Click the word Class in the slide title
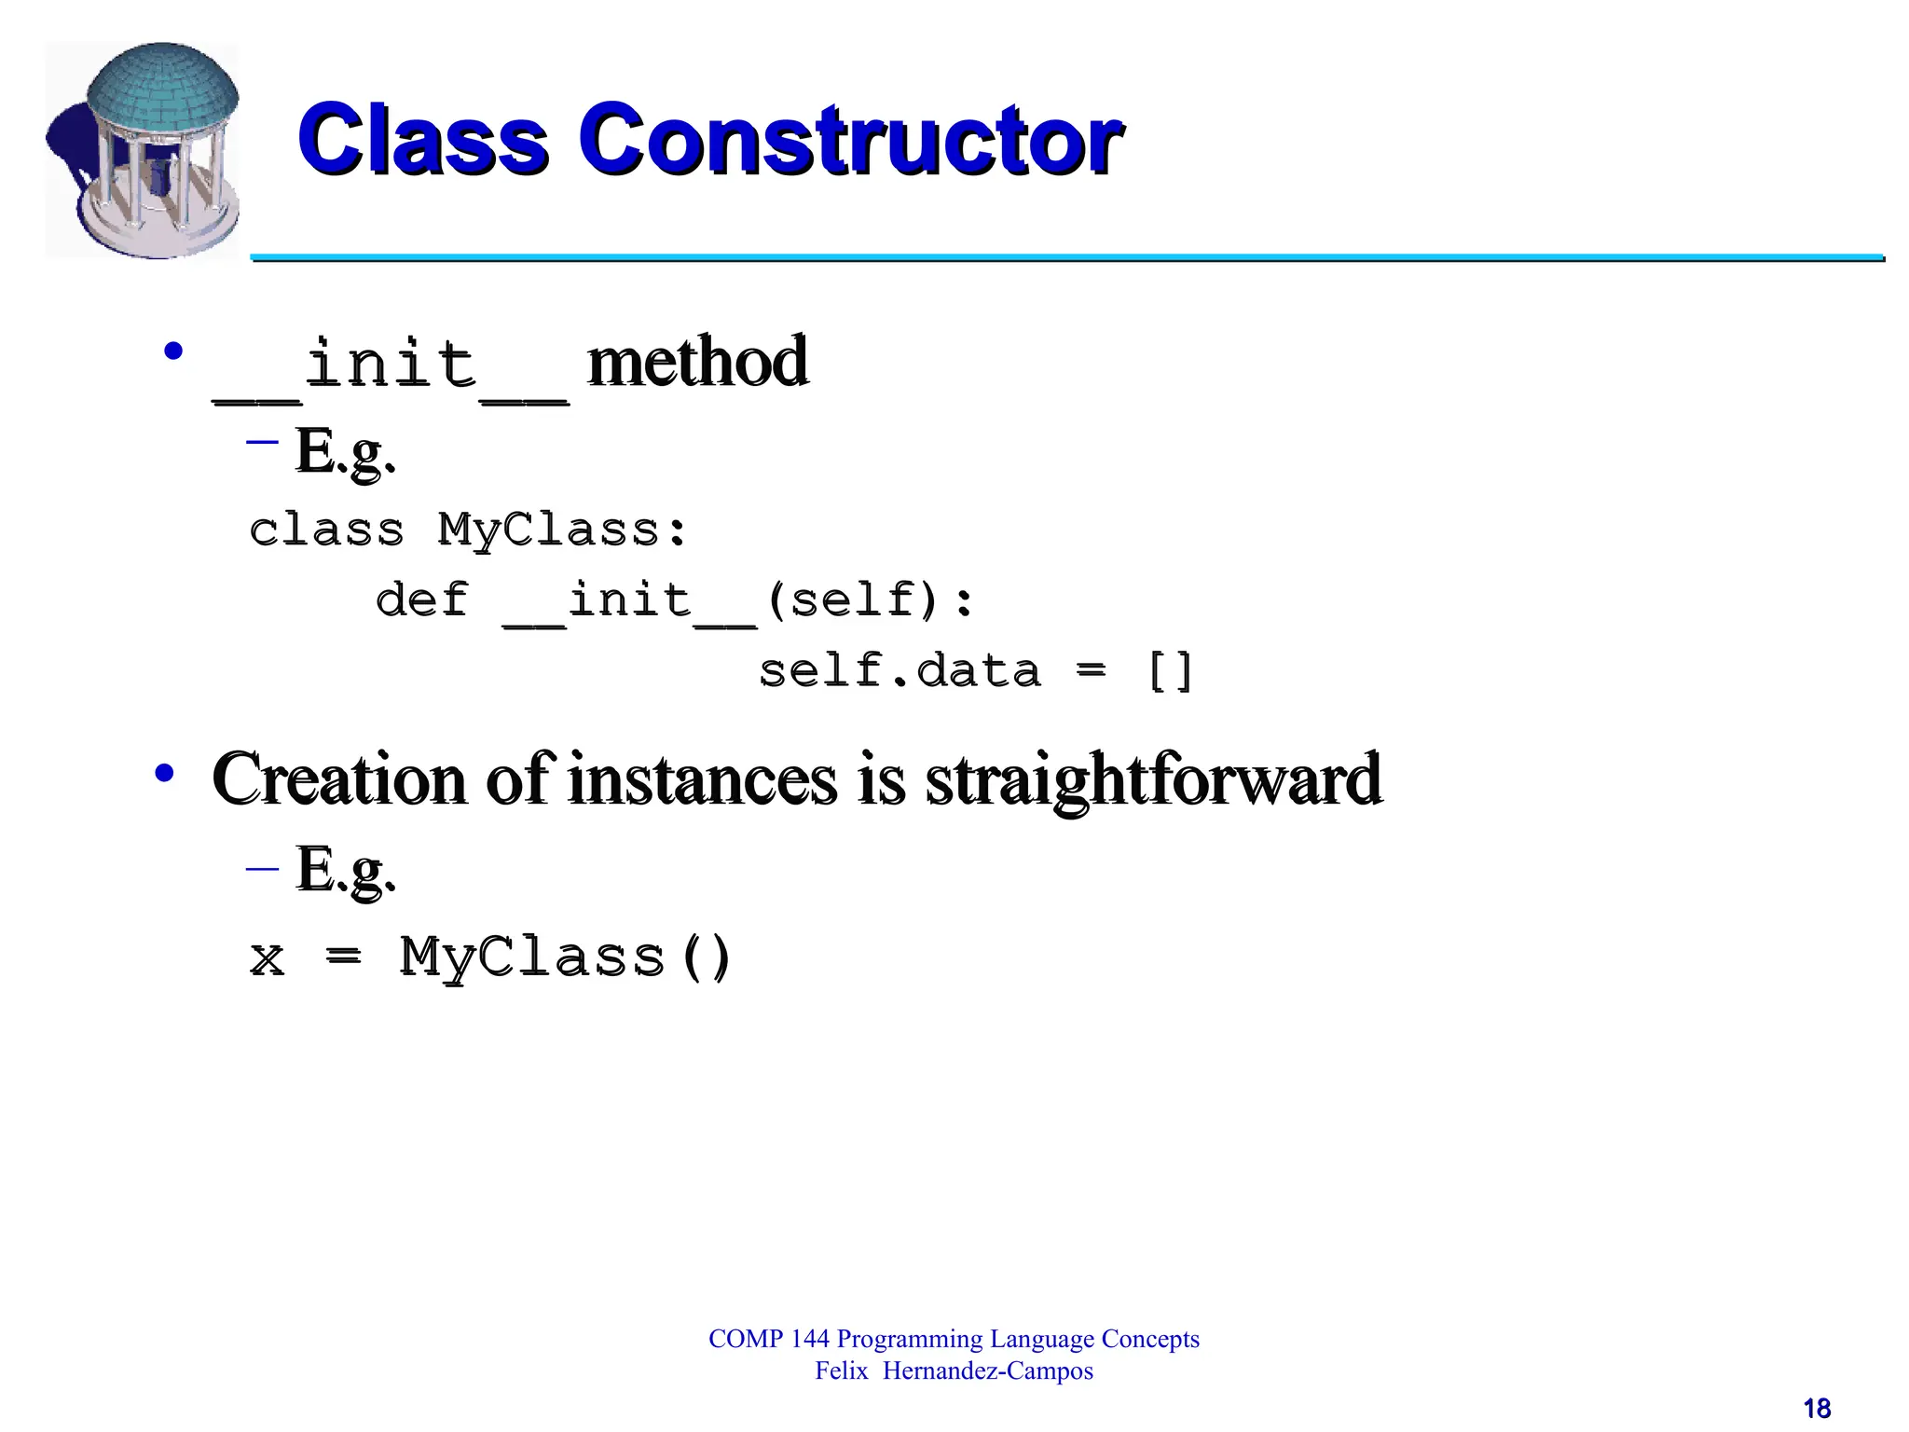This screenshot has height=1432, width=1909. click(423, 140)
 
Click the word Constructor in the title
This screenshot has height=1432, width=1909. click(850, 140)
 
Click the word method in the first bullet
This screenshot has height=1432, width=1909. click(697, 362)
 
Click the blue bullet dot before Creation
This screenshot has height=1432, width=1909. click(165, 772)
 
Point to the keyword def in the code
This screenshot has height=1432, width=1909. click(421, 599)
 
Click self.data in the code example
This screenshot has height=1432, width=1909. click(900, 671)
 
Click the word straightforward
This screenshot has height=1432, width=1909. click(1153, 779)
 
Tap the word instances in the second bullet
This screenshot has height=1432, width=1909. click(703, 779)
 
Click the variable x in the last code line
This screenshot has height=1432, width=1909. click(268, 958)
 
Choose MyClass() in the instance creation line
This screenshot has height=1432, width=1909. click(566, 958)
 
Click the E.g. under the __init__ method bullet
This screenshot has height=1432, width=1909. click(345, 452)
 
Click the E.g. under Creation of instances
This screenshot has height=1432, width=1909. click(345, 870)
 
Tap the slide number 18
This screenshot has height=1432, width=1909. click(1817, 1409)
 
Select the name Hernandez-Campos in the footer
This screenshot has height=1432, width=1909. click(987, 1371)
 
